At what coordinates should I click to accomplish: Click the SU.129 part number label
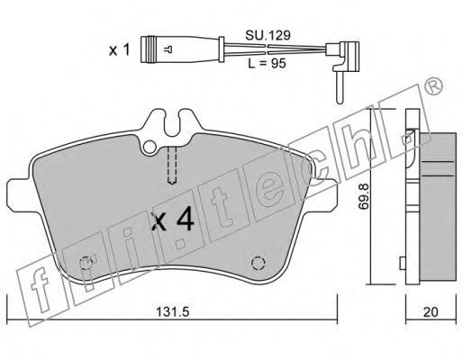268,35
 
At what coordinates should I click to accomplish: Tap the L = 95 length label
267,63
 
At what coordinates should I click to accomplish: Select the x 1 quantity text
119,49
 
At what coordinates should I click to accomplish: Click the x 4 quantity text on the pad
173,220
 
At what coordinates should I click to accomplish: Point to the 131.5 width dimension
172,311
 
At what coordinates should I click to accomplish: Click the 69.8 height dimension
364,196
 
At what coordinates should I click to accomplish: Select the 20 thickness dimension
431,312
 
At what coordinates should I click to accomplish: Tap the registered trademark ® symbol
433,86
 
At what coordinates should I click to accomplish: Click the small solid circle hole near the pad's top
150,147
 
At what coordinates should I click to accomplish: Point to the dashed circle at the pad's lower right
258,264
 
